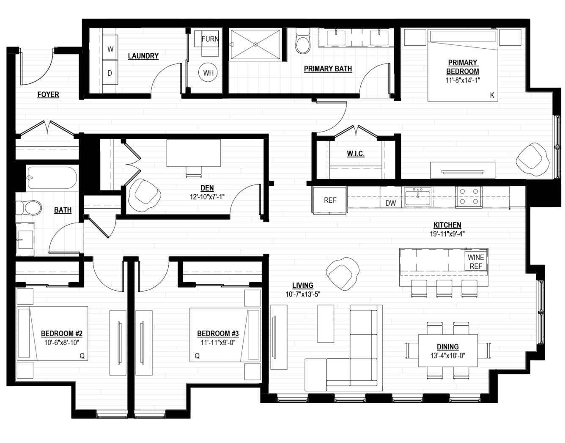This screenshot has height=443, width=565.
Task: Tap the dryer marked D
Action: pos(110,73)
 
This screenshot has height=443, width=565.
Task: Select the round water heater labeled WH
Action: pos(208,73)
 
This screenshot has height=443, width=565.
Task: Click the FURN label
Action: pos(210,39)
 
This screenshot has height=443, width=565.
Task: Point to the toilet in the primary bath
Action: pos(303,41)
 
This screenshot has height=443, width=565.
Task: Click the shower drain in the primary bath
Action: pos(255,44)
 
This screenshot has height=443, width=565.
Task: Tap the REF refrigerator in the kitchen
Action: pos(330,200)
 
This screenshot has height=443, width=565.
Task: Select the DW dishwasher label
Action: pos(390,203)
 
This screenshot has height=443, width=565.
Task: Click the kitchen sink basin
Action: pos(417,197)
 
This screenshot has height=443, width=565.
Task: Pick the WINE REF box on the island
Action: pos(476,261)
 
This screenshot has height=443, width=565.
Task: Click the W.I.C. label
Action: pos(356,154)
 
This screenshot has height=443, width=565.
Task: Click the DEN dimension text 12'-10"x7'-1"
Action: pos(207,197)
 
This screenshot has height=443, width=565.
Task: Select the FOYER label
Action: pos(48,94)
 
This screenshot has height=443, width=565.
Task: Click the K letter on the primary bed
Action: pos(492,95)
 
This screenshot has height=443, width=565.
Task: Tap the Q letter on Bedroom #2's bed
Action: pos(82,356)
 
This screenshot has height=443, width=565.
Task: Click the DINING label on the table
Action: pos(448,347)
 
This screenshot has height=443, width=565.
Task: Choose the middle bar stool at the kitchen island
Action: pos(444,288)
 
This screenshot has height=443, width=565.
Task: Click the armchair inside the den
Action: pos(144,195)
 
